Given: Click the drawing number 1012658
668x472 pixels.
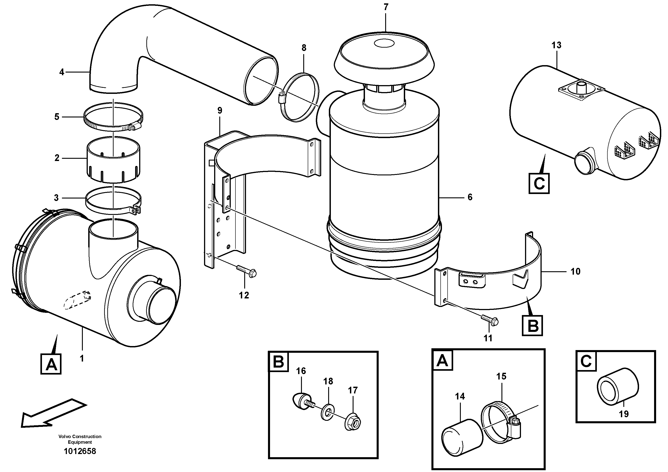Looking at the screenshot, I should click(80, 451).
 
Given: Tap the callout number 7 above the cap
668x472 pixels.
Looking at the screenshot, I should click(386, 7).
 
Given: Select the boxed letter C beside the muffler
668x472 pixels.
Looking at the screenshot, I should click(539, 183).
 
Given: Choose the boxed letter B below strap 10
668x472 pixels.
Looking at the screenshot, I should click(532, 326).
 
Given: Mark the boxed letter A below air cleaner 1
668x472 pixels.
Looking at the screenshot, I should click(51, 364).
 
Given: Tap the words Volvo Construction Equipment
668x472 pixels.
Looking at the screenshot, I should click(80, 439).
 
